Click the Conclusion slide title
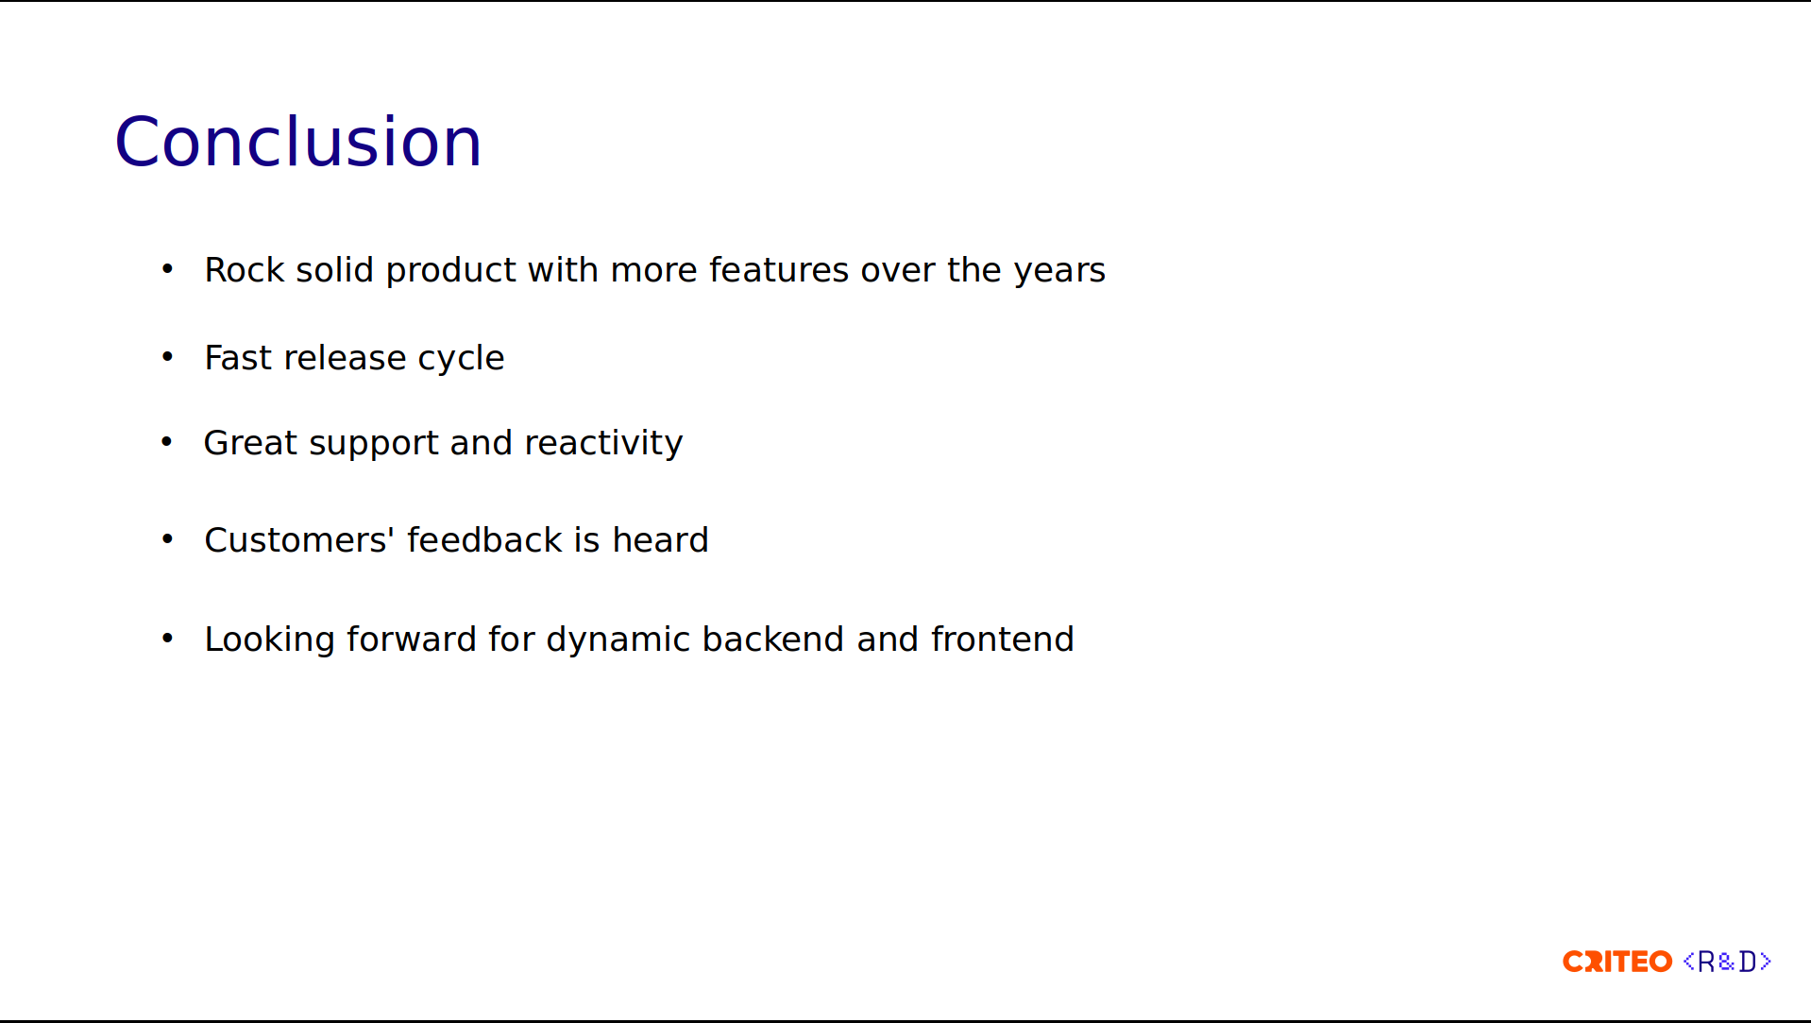tap(298, 142)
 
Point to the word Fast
tap(238, 358)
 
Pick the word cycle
tap(462, 360)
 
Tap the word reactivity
tap(603, 445)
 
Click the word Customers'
tap(299, 540)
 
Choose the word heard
tap(660, 540)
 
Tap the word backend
tap(773, 639)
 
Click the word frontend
tap(1003, 639)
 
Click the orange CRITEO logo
tap(1617, 962)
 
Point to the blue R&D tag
tap(1727, 962)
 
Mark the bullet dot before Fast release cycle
tap(167, 356)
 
